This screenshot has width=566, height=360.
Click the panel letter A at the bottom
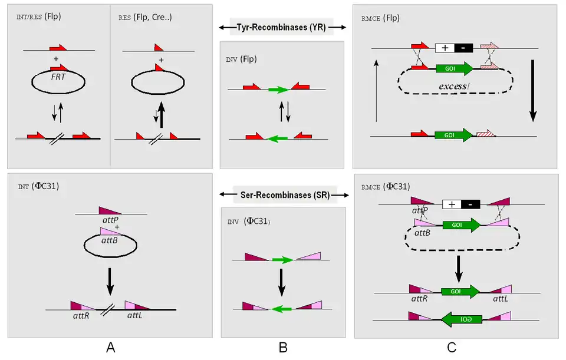tap(110, 348)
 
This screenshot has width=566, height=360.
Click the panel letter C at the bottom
tap(451, 348)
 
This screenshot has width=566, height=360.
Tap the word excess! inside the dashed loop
tap(454, 87)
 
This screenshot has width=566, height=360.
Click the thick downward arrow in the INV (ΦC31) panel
tap(282, 282)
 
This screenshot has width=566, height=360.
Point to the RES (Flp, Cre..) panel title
tap(145, 16)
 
